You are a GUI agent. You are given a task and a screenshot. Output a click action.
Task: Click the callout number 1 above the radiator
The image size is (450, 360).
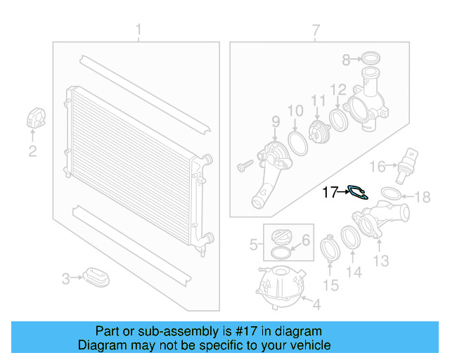pos(139,30)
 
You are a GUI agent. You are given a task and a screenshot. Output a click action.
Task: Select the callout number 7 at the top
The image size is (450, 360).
pos(316,30)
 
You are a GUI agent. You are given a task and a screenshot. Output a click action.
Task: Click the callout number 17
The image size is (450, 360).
pos(330,192)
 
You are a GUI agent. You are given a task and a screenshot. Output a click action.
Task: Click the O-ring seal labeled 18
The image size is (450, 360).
pos(391,193)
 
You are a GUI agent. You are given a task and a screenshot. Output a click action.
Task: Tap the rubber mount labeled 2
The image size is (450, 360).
pos(35,118)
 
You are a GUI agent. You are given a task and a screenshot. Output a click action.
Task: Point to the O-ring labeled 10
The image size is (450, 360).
pos(297,143)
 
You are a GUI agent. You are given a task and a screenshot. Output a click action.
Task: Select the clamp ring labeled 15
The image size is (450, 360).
pos(328,251)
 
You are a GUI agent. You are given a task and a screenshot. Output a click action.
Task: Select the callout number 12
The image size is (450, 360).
pos(338,89)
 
